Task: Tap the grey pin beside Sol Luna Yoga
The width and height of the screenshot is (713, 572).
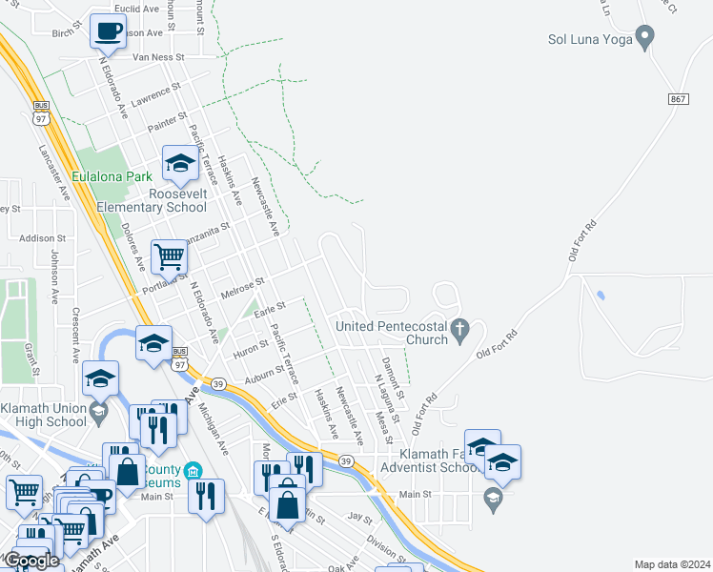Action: (x=645, y=38)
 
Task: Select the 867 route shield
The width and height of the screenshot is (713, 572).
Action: (x=678, y=99)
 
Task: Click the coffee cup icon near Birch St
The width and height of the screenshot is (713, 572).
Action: (x=109, y=31)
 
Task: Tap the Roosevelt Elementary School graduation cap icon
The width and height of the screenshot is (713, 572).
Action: (x=179, y=164)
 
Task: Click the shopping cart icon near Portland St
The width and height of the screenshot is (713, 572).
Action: (x=169, y=255)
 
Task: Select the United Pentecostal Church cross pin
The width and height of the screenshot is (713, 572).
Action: (x=459, y=332)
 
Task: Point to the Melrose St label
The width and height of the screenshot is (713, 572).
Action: (x=241, y=288)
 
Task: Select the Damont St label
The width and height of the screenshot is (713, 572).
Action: (x=390, y=378)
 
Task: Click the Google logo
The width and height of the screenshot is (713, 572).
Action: (x=31, y=561)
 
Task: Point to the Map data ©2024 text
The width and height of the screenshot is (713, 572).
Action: (x=672, y=564)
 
